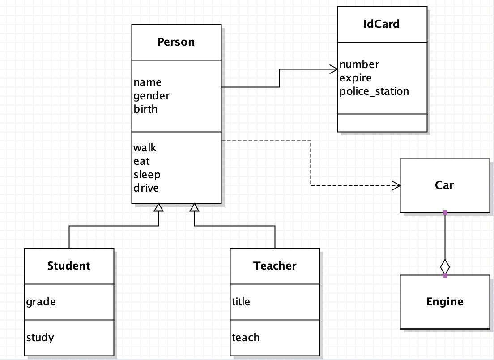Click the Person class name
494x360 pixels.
(176, 42)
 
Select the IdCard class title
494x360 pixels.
(381, 24)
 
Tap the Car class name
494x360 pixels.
(444, 185)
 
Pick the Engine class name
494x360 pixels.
(444, 302)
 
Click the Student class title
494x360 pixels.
(68, 266)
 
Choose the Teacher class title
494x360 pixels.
(275, 266)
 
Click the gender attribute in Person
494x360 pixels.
(152, 96)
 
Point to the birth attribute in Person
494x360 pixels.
(145, 109)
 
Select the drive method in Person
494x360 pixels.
(146, 188)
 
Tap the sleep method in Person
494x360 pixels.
(147, 175)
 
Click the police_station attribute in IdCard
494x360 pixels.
(374, 91)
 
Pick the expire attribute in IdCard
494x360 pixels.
(355, 78)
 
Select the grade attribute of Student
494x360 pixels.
(41, 302)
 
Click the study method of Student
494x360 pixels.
(40, 338)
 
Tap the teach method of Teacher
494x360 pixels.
(245, 338)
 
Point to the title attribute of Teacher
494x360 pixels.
(241, 302)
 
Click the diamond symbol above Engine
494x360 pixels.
(445, 266)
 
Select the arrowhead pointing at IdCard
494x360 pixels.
(333, 69)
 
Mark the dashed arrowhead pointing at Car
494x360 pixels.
(396, 185)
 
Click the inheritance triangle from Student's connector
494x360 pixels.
(158, 207)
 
